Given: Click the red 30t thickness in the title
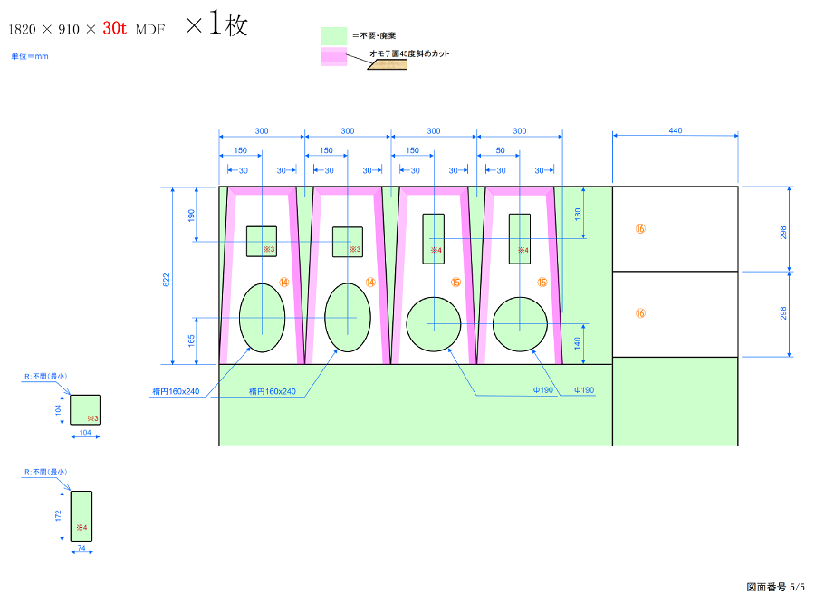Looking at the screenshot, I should [x=114, y=28].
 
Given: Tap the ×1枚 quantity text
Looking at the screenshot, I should [x=216, y=25].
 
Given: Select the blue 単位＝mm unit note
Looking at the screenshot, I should [x=30, y=56].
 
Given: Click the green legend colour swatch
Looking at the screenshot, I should [x=334, y=35].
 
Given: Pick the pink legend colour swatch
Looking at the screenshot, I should [x=334, y=57].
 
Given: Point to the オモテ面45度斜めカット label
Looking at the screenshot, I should [x=409, y=53].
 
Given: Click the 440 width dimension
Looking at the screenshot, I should [x=676, y=131].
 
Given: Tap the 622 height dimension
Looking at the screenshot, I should [x=166, y=281].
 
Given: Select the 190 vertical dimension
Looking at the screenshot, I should [x=191, y=215].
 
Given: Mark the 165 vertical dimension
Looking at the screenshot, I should [x=191, y=340].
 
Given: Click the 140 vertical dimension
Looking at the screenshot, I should [x=579, y=344].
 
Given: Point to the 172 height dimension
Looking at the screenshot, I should [x=58, y=516].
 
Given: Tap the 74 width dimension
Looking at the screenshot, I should [x=81, y=550].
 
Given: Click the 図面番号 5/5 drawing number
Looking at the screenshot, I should [x=774, y=587].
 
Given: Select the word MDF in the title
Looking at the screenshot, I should [x=150, y=30].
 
